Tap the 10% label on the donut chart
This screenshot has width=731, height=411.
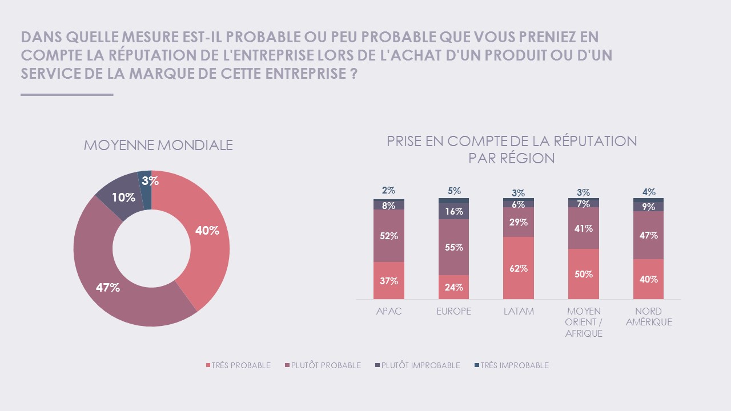[123, 198]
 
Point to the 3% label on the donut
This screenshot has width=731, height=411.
[150, 182]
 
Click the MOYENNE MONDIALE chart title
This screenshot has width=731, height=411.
[158, 145]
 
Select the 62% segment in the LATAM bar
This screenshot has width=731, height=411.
[519, 268]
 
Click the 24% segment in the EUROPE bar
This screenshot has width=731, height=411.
[453, 287]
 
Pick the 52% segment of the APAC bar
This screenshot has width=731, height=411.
[389, 236]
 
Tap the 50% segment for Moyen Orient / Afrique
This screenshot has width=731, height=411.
[583, 274]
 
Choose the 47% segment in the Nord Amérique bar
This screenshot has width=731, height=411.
[648, 235]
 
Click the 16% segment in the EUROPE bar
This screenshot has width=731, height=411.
[453, 211]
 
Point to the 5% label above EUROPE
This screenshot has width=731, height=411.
[454, 191]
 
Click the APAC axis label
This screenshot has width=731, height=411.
[389, 312]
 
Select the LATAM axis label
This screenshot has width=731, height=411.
[519, 312]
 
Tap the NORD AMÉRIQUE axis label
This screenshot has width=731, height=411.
[648, 317]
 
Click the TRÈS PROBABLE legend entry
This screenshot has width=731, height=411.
[238, 365]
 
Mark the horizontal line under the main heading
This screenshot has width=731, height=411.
[67, 95]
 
